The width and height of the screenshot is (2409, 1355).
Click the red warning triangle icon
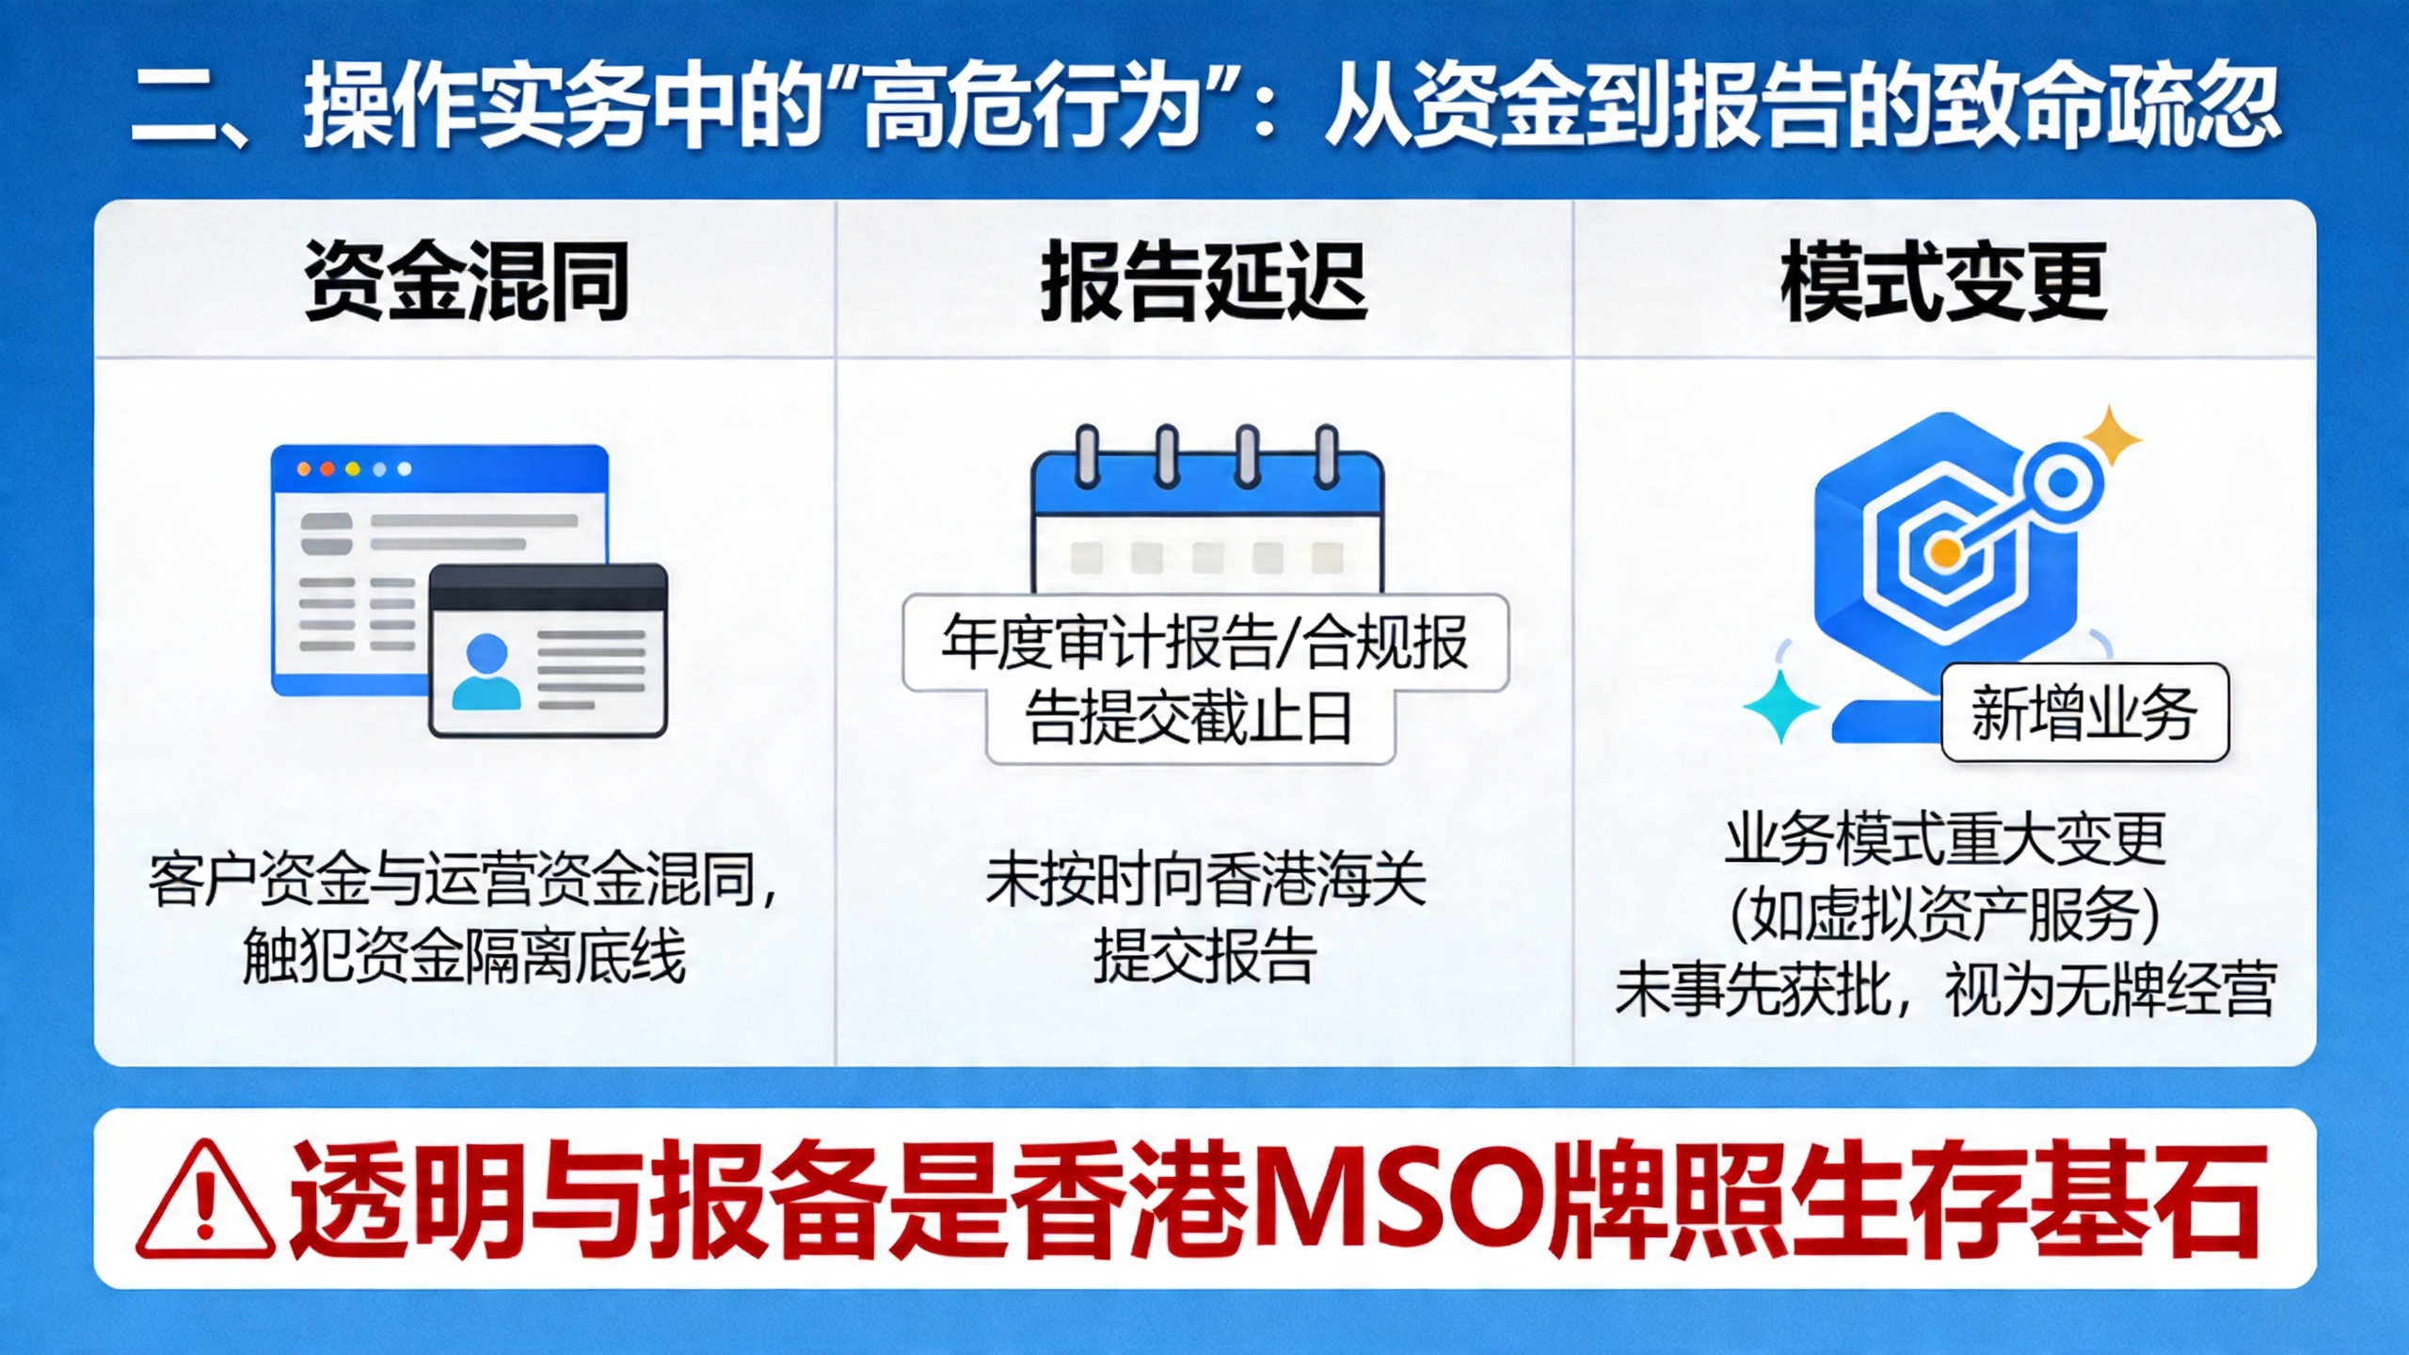point(205,1200)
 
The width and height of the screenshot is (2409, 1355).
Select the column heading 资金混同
point(467,280)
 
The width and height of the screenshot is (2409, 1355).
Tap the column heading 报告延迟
point(1204,280)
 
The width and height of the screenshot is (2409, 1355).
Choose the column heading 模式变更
point(1944,280)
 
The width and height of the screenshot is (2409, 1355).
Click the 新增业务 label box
point(2085,712)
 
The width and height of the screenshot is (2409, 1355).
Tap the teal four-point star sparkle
point(1781,705)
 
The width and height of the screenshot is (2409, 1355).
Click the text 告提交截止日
point(1189,718)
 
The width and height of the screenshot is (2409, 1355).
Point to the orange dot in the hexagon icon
point(1944,552)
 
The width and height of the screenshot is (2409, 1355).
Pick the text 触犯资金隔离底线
point(465,956)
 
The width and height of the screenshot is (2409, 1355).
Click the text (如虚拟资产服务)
point(1945,914)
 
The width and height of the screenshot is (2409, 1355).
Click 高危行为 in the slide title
point(1034,104)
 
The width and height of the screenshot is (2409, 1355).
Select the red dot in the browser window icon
point(327,469)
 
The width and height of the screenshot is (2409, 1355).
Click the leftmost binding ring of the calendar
point(1087,456)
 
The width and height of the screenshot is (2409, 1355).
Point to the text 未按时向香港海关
point(1205,880)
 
